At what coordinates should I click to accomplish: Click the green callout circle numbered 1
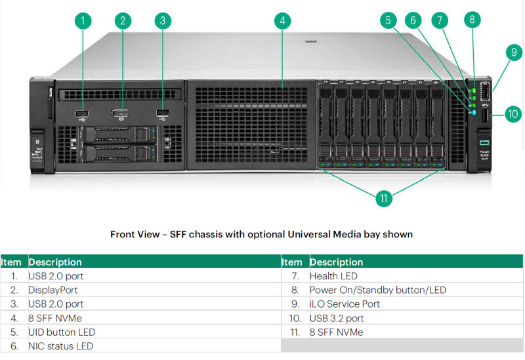coord(83,21)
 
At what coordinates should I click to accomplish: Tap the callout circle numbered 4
coord(282,21)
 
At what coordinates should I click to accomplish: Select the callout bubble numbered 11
coord(384,199)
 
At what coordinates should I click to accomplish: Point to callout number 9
coord(514,52)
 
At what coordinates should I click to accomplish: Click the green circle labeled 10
coord(513,114)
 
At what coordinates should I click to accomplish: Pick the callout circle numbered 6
coord(413,21)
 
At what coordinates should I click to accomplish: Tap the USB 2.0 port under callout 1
coord(83,113)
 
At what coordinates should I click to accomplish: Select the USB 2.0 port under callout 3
coord(162,113)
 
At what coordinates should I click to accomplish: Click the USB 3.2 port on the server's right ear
coord(485,115)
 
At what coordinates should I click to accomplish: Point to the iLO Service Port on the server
coord(484,91)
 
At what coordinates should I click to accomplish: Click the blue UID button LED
coord(474,112)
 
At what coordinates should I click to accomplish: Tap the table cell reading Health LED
coord(333,276)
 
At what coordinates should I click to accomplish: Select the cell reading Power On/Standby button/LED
coord(378,290)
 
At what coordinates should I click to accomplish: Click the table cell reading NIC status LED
coord(60,346)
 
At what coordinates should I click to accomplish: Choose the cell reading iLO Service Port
coord(345,304)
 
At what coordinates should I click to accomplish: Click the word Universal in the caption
coord(308,234)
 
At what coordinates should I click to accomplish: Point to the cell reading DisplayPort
coord(53,290)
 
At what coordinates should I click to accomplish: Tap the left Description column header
coord(55,262)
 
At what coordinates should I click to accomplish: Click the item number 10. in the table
coord(295,318)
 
